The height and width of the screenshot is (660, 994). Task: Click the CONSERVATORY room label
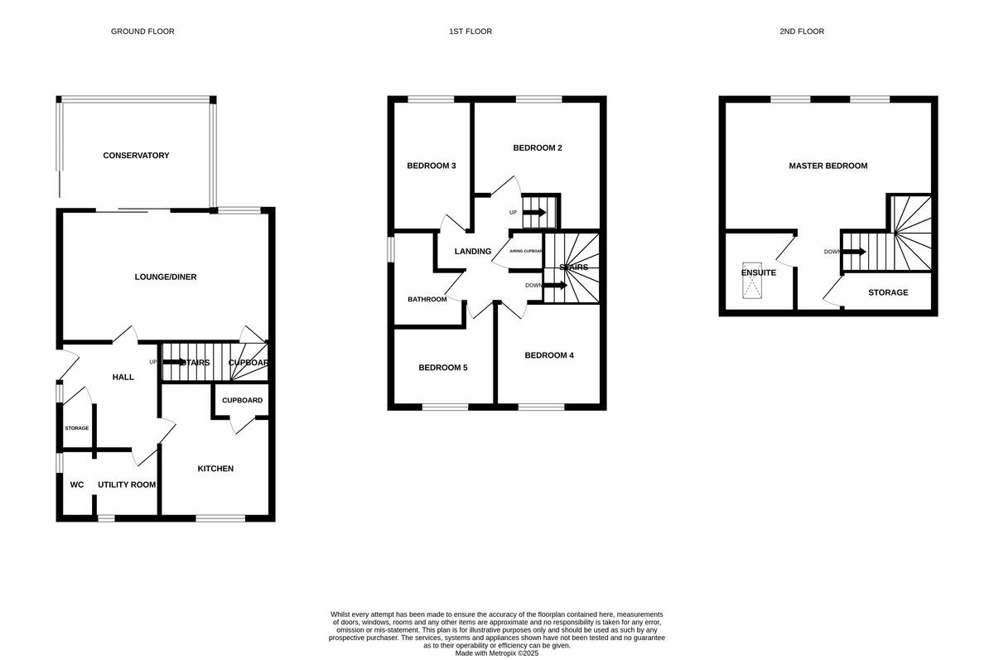coord(136,156)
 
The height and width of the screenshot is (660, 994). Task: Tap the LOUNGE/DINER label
coord(166,277)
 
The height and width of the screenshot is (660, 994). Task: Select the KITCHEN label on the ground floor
coord(215,469)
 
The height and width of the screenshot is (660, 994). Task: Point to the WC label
coord(77,484)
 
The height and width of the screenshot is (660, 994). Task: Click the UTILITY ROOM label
coord(127,484)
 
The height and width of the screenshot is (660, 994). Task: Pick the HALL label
coord(123,377)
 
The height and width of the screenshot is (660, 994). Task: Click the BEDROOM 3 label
coord(432,166)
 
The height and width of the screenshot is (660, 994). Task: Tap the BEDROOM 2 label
coord(538,148)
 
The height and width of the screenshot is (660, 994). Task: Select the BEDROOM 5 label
coord(443,368)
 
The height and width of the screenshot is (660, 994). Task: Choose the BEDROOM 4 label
coord(549,355)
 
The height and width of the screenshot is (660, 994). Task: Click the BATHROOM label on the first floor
coord(427,299)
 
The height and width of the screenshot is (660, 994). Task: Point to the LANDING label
coord(473,252)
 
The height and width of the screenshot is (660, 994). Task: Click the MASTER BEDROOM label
coord(828,166)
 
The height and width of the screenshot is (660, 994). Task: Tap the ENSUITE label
coord(759,272)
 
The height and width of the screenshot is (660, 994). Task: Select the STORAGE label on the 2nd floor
coord(888,292)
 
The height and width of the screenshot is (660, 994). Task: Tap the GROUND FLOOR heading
coord(142,31)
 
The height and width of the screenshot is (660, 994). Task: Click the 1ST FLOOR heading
coord(470,31)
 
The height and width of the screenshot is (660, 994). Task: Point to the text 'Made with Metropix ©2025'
coord(497,653)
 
